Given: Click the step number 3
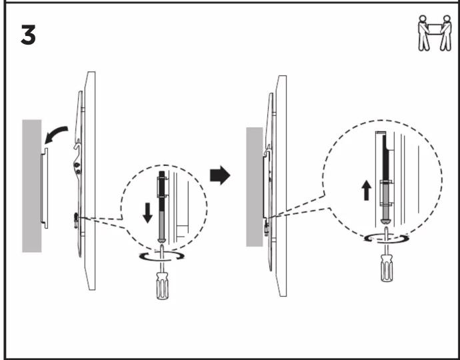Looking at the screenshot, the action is tap(28, 35).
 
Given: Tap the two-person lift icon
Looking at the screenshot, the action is tap(435, 33).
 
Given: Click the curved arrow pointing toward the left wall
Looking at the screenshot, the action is tap(56, 135).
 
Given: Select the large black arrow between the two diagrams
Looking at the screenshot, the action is tap(220, 175).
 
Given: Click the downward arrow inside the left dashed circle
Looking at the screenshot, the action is tap(147, 213).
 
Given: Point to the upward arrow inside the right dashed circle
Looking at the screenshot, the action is tap(366, 191).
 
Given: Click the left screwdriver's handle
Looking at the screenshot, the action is tap(162, 286).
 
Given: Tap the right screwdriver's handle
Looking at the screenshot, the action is tap(387, 268).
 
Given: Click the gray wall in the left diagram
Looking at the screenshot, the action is tap(32, 186).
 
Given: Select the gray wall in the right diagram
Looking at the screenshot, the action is tap(255, 187).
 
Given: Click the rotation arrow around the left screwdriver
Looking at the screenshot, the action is tap(161, 256).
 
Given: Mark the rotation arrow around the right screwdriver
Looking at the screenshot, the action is tap(387, 239).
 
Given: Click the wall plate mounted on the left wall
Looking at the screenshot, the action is tap(44, 188).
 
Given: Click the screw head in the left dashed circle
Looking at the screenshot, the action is tap(162, 240).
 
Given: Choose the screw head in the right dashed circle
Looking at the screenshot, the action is tap(386, 222).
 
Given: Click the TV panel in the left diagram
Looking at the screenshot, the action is tap(90, 181).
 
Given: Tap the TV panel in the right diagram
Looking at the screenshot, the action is tap(281, 186).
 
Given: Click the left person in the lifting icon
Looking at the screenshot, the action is tap(423, 33).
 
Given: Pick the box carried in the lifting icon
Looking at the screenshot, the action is tap(435, 29).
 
